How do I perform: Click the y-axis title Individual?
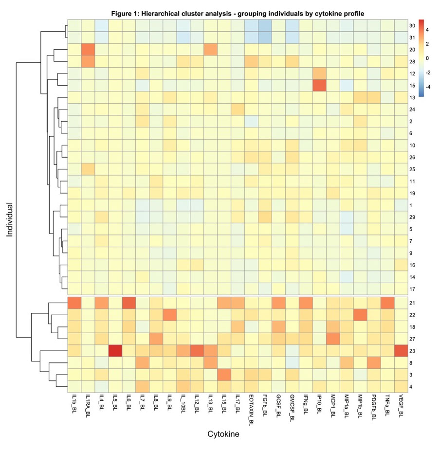tap(10, 219)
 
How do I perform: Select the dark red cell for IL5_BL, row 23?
tap(115, 351)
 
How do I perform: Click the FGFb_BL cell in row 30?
tap(264, 26)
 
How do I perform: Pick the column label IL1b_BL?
tap(74, 407)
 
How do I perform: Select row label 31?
tap(412, 37)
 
